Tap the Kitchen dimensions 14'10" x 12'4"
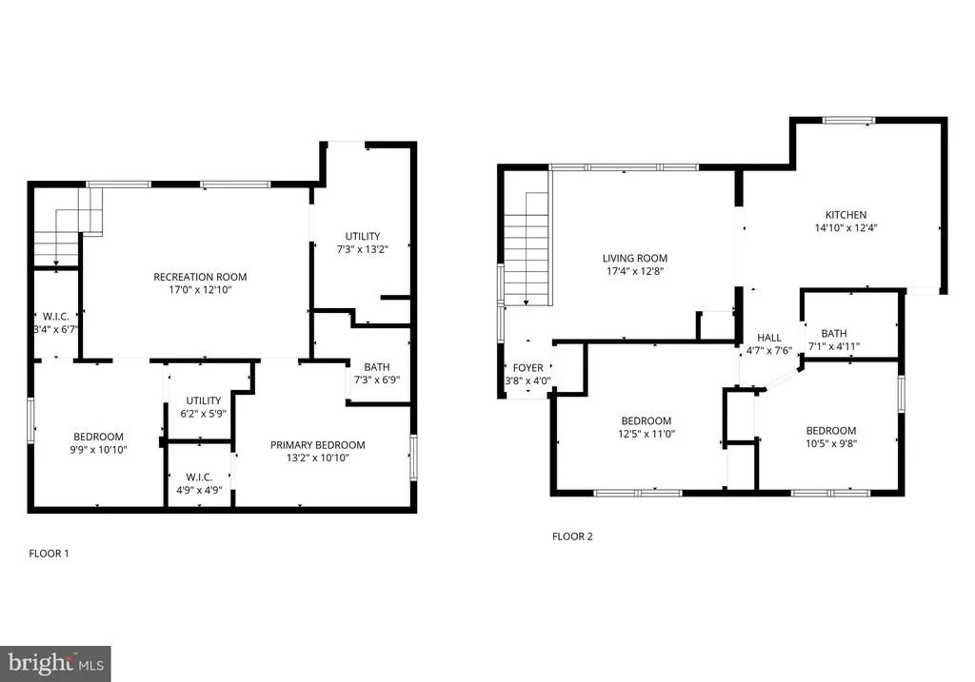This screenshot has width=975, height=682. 846,228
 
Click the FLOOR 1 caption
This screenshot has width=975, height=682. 50,554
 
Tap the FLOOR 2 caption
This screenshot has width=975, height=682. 572,536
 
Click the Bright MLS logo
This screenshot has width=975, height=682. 55,664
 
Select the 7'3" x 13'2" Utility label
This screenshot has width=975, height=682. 363,243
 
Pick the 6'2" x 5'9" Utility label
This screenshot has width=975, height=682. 204,407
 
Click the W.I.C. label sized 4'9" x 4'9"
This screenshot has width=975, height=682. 199,483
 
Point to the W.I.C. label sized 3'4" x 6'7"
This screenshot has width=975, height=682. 56,323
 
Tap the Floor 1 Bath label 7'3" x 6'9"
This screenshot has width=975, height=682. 377,373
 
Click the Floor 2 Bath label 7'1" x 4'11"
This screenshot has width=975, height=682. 834,340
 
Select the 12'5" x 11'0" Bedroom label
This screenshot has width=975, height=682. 647,427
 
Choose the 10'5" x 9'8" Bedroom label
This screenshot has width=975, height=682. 831,437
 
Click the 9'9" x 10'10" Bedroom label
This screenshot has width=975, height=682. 98,443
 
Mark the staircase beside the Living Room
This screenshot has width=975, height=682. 527,248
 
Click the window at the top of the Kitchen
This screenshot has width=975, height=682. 848,121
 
